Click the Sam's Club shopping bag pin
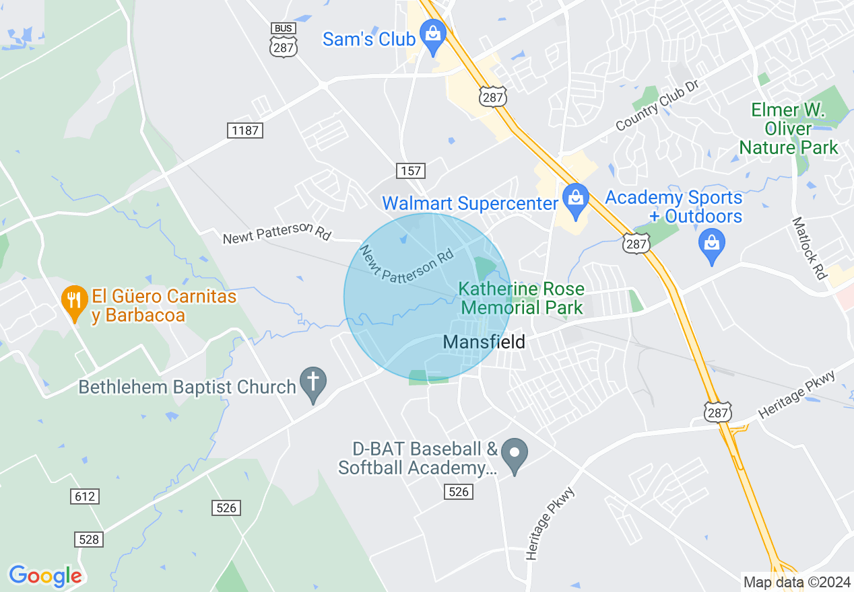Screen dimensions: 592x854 pos(432,35)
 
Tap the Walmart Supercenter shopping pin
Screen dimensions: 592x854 pos(575,199)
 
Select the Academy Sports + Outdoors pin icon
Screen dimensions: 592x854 pos(712,244)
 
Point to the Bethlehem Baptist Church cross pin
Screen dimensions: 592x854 pos(313,383)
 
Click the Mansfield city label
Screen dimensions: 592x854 pos(484,342)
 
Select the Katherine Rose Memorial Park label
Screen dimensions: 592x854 pos(521,299)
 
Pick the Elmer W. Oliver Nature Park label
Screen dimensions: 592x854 pos(788,128)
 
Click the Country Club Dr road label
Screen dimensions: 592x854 pos(658,105)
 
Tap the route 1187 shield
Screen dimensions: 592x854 pos(244,131)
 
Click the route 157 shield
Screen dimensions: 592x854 pos(410,171)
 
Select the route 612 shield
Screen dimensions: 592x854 pos(84,496)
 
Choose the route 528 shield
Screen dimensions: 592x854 pos(88,540)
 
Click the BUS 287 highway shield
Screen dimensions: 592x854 pos(284,40)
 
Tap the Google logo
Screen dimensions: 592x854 pos(45,576)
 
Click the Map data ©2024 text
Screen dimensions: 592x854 pos(796,582)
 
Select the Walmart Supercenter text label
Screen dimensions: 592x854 pos(470,203)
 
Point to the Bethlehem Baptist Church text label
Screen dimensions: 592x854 pos(187,387)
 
